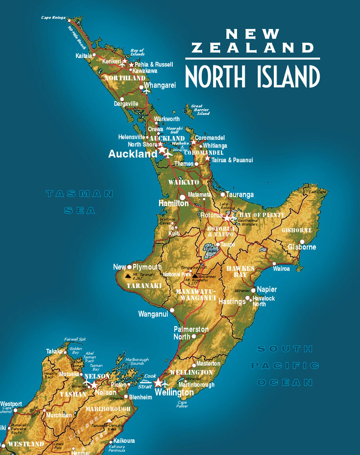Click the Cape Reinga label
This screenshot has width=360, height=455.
tap(54, 18)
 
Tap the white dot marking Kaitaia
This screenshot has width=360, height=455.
tap(94, 55)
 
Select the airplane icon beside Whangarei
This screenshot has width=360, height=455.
tap(147, 91)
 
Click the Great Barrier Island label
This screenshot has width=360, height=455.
tap(201, 110)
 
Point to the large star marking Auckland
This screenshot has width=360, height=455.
tap(162, 150)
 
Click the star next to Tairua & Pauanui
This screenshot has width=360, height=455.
tap(207, 159)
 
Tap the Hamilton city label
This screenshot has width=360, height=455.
tap(174, 203)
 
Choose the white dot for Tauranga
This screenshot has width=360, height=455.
tap(223, 194)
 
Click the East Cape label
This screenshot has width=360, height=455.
tap(317, 192)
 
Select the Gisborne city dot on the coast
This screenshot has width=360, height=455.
tap(302, 242)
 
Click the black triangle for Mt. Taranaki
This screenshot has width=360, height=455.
tap(128, 276)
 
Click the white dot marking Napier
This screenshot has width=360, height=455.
tap(253, 290)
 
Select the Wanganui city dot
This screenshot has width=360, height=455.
tap(172, 310)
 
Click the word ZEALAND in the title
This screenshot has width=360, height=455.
tap(253, 48)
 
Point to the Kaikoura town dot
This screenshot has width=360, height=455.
tap(111, 442)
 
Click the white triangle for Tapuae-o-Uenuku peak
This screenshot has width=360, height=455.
tap(109, 421)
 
